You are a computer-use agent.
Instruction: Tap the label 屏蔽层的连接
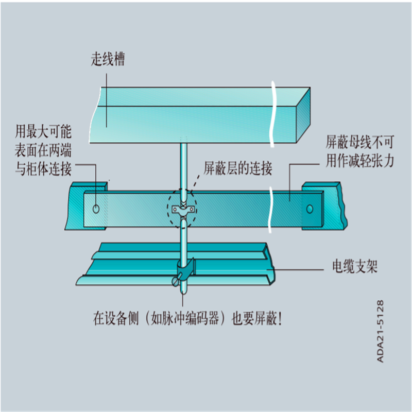coord(237,167)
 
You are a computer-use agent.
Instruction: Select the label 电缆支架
coord(352,267)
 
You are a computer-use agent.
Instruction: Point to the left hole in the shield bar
coord(96,209)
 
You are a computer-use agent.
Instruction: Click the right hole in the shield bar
coord(309,209)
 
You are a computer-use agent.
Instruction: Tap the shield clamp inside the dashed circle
coord(183,210)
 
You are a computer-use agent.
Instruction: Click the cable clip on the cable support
coord(185,269)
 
